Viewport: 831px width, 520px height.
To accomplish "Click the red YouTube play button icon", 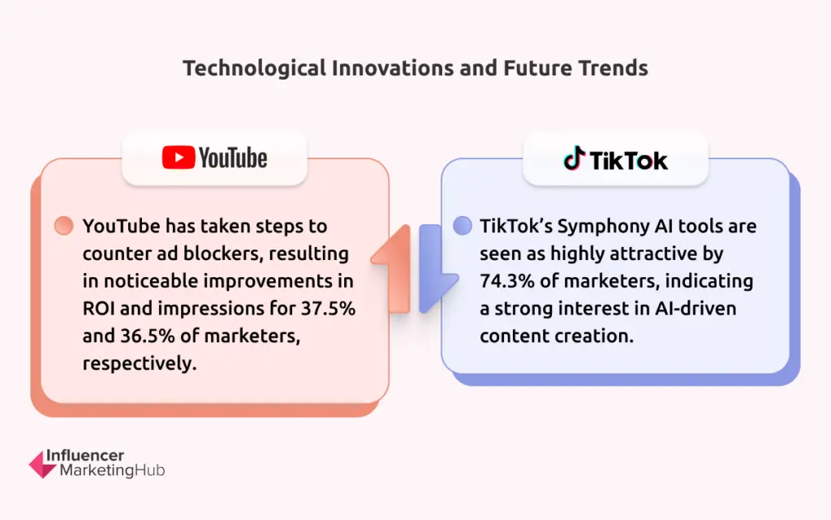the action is point(179,158).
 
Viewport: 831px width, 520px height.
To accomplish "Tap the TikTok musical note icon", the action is point(574,158).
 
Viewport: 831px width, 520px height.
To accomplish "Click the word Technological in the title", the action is point(254,68).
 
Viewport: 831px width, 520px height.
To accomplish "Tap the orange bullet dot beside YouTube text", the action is point(63,225).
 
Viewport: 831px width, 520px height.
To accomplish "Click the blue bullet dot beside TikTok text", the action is point(462,225).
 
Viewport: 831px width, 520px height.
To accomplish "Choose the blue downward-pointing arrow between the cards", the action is point(435,268).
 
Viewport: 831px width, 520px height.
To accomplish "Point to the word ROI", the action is point(98,308).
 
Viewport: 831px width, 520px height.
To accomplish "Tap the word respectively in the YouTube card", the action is point(140,364).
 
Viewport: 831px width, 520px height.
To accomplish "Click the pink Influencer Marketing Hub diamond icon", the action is point(42,464).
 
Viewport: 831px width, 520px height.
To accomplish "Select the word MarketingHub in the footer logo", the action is point(112,470).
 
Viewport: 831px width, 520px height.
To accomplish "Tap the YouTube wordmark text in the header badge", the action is point(233,158).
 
